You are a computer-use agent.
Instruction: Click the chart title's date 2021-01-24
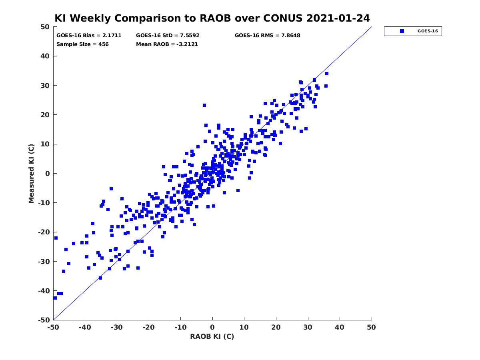pyautogui.click(x=338, y=18)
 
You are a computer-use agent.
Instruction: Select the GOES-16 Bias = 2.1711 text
pyautogui.click(x=89, y=36)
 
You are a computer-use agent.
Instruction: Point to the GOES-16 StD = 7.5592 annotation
pyautogui.click(x=168, y=36)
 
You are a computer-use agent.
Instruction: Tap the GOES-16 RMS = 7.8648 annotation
pyautogui.click(x=267, y=36)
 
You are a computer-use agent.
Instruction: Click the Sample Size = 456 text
pyautogui.click(x=82, y=44)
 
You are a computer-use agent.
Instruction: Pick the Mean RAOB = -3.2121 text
pyautogui.click(x=167, y=44)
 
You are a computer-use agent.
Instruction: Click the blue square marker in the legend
pyautogui.click(x=402, y=31)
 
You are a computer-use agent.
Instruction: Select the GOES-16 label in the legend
pyautogui.click(x=428, y=31)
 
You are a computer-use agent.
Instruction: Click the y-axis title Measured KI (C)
pyautogui.click(x=31, y=173)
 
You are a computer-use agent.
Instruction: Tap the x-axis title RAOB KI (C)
pyautogui.click(x=212, y=336)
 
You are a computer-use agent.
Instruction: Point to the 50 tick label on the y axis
pyautogui.click(x=45, y=27)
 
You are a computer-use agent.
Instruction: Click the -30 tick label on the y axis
pyautogui.click(x=44, y=262)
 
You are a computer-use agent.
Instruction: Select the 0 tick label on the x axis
pyautogui.click(x=212, y=327)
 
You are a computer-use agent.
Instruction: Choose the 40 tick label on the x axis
pyautogui.click(x=340, y=327)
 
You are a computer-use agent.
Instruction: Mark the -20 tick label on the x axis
pyautogui.click(x=149, y=327)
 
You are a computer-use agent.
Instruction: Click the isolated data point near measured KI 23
pyautogui.click(x=204, y=105)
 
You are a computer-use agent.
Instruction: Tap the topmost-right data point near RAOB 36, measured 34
pyautogui.click(x=327, y=74)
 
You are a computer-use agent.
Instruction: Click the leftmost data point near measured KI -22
pyautogui.click(x=56, y=238)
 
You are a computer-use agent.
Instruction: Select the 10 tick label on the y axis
pyautogui.click(x=45, y=144)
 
